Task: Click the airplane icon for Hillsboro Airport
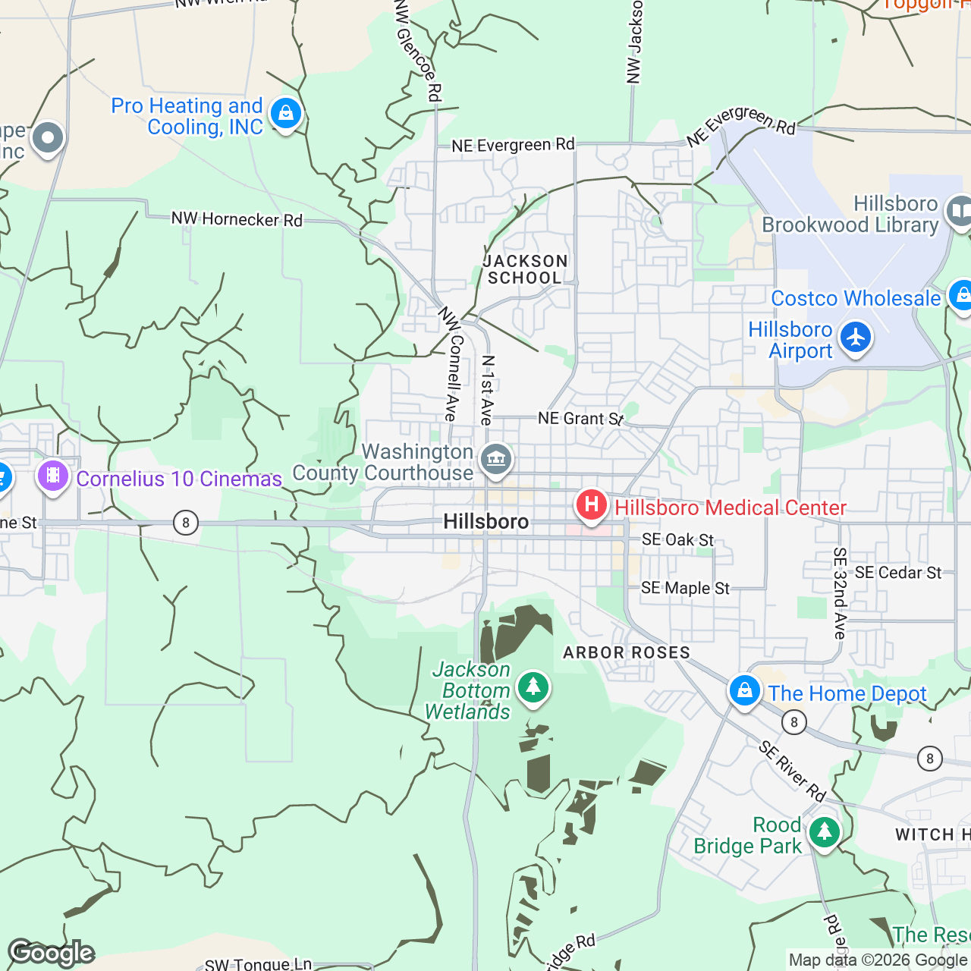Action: coord(856,338)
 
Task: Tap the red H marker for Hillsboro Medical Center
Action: coord(591,504)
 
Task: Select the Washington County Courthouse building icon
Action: coord(496,459)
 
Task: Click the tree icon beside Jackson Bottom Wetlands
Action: coord(533,687)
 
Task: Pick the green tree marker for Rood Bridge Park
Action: coord(824,832)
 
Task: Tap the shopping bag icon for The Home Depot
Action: coord(744,691)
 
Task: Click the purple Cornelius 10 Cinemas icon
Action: coord(53,476)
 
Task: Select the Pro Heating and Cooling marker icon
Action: coord(286,114)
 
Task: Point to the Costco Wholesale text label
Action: coord(856,299)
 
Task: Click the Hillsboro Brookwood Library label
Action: coord(850,215)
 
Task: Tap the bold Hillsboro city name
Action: coord(485,522)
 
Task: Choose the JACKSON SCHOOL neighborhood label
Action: coord(525,270)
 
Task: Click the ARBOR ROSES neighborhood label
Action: coord(627,652)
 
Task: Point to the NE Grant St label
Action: coord(580,419)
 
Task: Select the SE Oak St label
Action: coord(677,540)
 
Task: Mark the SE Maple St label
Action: coord(685,589)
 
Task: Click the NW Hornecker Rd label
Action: coord(237,219)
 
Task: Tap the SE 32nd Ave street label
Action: coord(839,593)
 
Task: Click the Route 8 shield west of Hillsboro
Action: coord(185,523)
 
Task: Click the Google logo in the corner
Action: coord(52,953)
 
